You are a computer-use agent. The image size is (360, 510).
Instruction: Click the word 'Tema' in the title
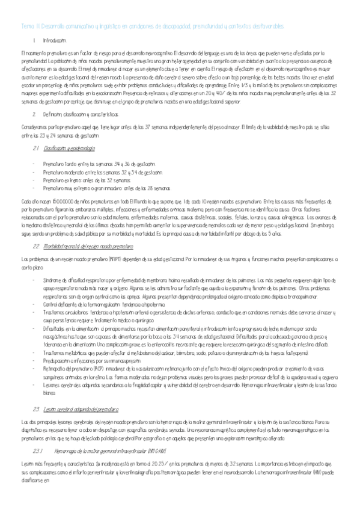pos(26,26)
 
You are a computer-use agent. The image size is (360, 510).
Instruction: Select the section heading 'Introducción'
pos(55,40)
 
